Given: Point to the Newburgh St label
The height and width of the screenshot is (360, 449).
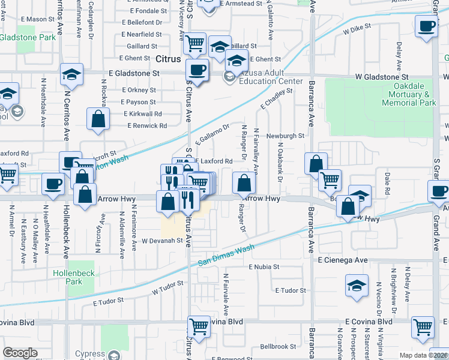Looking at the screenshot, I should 285,136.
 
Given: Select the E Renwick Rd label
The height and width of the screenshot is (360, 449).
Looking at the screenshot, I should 147,126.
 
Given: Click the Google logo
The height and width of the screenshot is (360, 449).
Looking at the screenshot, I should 20,353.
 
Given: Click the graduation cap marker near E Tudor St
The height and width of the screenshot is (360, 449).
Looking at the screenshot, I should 357,286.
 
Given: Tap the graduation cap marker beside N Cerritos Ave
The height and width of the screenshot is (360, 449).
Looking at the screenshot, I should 71,74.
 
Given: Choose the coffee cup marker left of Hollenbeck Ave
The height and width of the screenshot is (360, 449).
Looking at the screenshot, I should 53,184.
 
